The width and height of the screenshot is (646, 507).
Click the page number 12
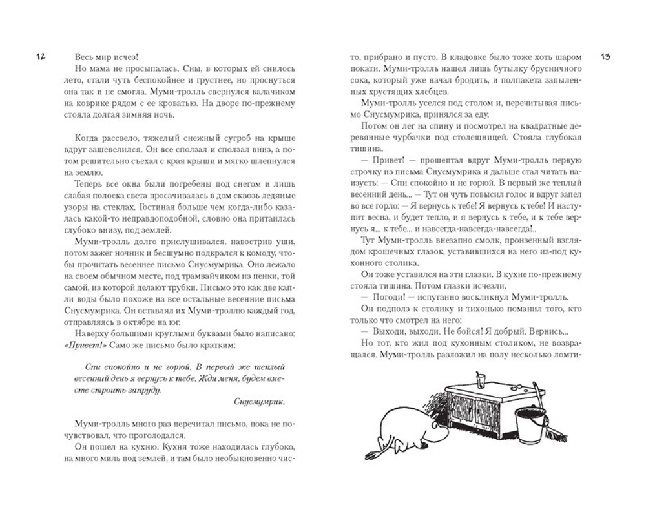coord(40,57)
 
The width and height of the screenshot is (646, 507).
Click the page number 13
coord(605,57)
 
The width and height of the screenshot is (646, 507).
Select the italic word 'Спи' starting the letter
coord(93,366)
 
